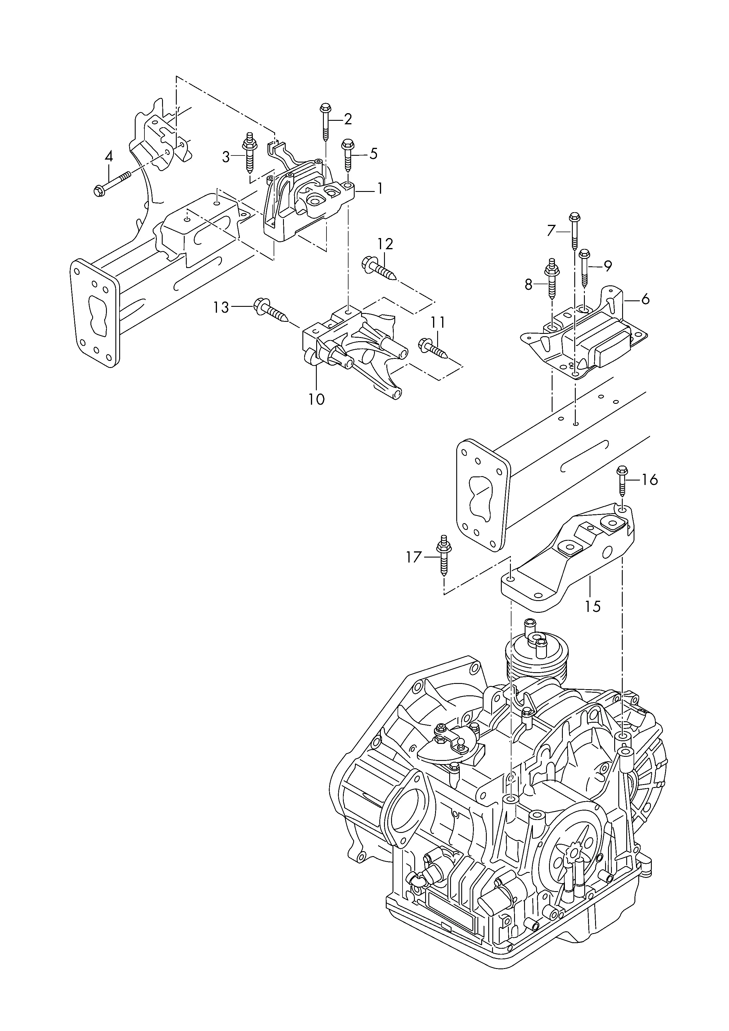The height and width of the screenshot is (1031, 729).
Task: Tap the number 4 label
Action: click(109, 157)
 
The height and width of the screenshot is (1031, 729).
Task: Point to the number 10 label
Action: click(316, 399)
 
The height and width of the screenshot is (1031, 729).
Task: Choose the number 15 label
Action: click(592, 607)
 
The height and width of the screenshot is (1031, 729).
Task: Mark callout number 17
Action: click(414, 557)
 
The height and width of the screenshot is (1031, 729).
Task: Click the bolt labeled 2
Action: click(324, 122)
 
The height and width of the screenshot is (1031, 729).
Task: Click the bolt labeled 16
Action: click(622, 481)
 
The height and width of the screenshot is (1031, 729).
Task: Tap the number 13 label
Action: click(221, 307)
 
